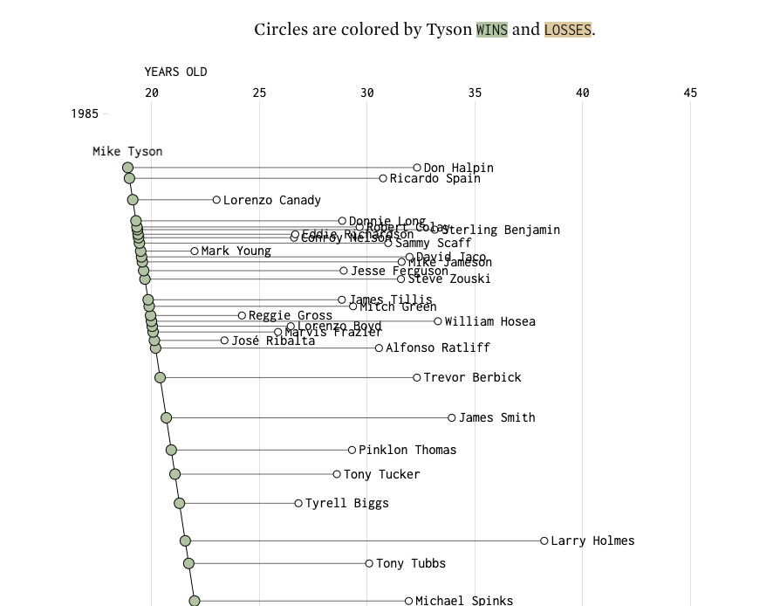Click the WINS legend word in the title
tap(491, 30)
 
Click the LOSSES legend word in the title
tap(567, 30)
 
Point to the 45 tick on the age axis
tap(690, 93)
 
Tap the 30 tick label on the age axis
tap(366, 93)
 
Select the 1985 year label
tap(85, 114)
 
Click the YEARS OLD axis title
tap(175, 72)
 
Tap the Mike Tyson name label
tap(127, 151)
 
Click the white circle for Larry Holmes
tap(544, 541)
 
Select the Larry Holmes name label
tap(592, 541)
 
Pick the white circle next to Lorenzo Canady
tap(216, 200)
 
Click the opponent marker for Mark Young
tap(195, 251)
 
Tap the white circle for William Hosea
tap(438, 321)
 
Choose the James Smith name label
tap(496, 417)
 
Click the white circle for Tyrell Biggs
tap(298, 503)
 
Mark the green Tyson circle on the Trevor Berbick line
tap(160, 377)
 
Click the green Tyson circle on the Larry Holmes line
tap(185, 541)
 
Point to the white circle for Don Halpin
tap(417, 168)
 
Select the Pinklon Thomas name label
tap(407, 450)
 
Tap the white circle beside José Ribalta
tap(224, 341)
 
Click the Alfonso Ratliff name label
tap(438, 348)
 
